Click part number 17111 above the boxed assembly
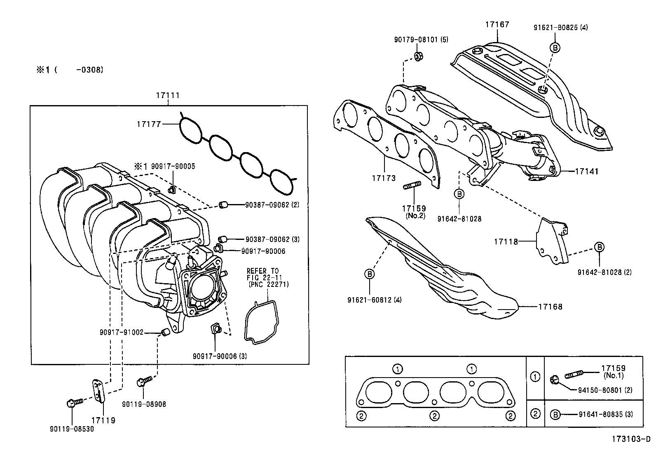pyautogui.click(x=168, y=95)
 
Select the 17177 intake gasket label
pyautogui.click(x=149, y=123)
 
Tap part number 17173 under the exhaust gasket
pyautogui.click(x=384, y=178)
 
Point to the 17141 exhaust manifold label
pyautogui.click(x=587, y=171)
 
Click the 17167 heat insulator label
pyautogui.click(x=497, y=24)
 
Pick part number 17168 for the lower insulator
pyautogui.click(x=550, y=306)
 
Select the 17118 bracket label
pyautogui.click(x=506, y=242)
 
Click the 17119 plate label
pyautogui.click(x=103, y=420)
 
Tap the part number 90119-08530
pyautogui.click(x=72, y=429)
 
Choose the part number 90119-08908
pyautogui.click(x=144, y=404)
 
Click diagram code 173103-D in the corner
pyautogui.click(x=630, y=439)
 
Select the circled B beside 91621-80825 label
pyautogui.click(x=555, y=48)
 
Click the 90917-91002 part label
pyautogui.click(x=121, y=332)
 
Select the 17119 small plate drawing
pyautogui.click(x=98, y=390)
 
